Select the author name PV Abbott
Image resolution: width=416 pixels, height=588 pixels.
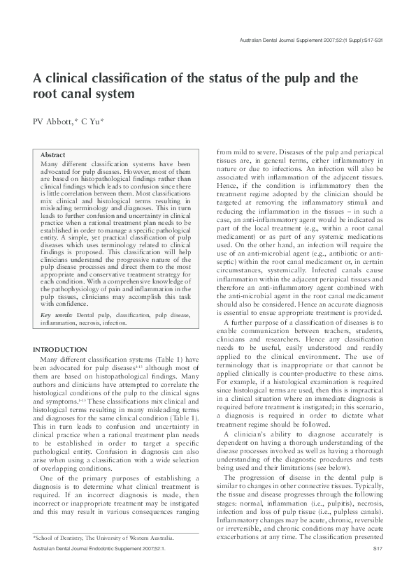click(x=55, y=121)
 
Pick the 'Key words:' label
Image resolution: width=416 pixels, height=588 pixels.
click(x=56, y=316)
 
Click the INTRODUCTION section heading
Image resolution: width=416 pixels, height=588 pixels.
click(x=60, y=349)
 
